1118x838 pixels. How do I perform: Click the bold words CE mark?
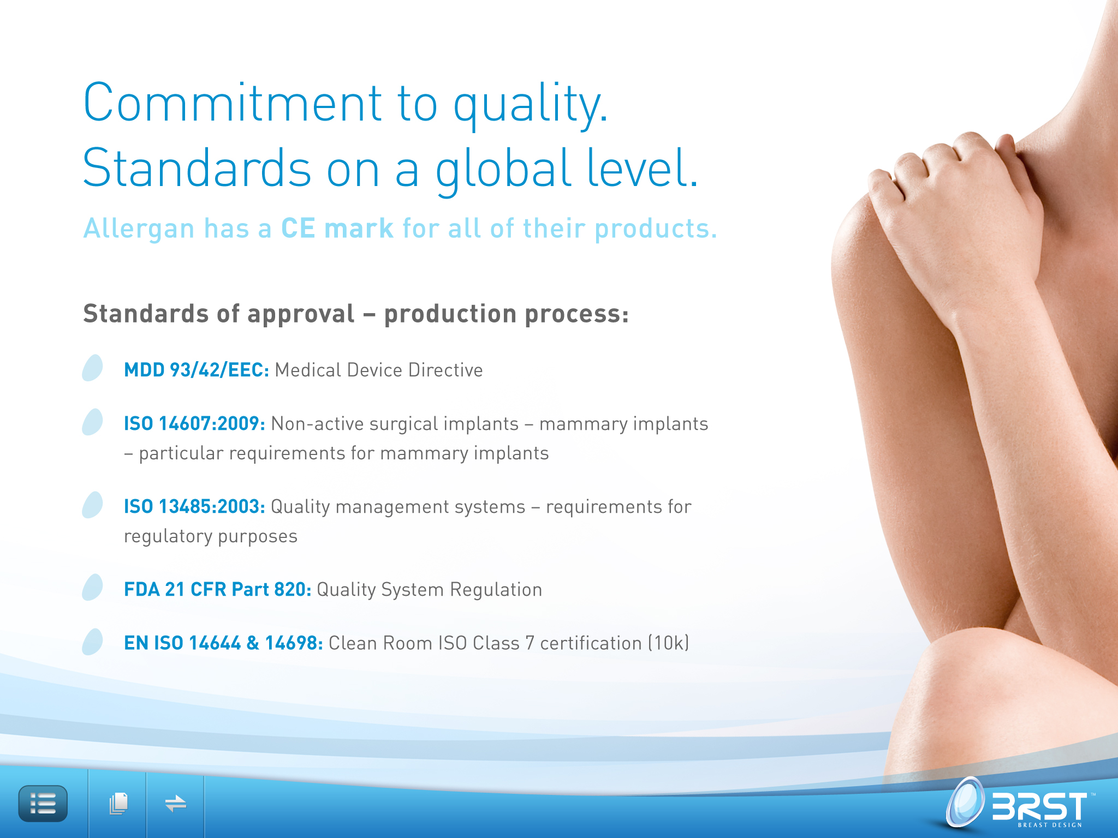pos(337,228)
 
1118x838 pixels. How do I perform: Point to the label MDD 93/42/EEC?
pos(197,370)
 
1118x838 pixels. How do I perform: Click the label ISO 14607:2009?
pos(194,423)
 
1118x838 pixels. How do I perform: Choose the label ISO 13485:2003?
pos(194,506)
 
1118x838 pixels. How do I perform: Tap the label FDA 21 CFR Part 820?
pos(217,589)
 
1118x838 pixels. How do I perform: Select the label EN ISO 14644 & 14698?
pos(223,643)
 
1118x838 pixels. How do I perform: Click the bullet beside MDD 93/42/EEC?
pos(92,368)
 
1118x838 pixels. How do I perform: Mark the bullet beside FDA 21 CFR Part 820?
pos(92,587)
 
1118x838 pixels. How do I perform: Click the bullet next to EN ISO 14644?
pos(92,642)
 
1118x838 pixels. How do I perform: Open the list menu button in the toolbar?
pos(43,804)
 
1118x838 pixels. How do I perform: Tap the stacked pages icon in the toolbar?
pos(118,804)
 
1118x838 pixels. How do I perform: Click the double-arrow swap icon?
pos(175,804)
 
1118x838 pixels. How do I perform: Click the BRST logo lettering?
pos(1040,806)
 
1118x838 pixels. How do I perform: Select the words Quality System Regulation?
pos(429,590)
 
